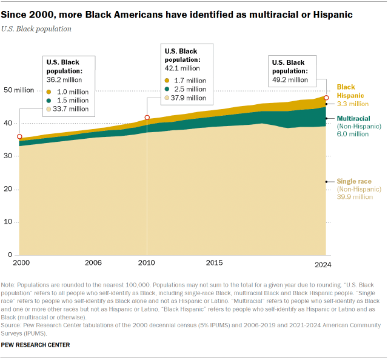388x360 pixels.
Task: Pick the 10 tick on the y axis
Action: click(10, 222)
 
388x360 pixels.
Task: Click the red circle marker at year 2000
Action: click(19, 137)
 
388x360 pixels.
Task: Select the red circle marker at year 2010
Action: click(147, 117)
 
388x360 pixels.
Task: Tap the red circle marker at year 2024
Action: click(326, 98)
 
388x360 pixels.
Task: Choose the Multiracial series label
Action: click(355, 118)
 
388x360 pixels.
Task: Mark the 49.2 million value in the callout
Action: click(290, 79)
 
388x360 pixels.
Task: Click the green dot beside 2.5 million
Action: click(168, 88)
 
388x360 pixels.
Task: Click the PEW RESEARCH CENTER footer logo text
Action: click(36, 345)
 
